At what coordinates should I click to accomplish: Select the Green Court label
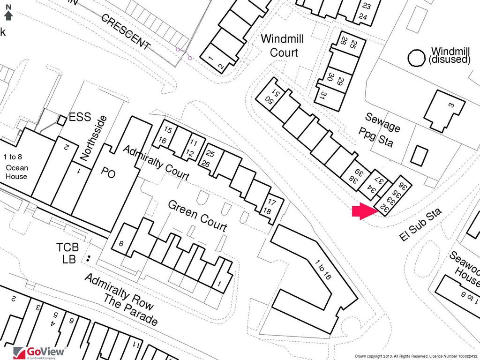197,216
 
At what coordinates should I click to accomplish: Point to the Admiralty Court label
156,163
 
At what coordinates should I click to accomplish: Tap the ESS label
80,117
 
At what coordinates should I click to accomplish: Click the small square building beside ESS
61,120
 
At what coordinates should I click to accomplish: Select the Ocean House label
17,172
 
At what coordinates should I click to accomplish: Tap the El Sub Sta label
421,225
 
